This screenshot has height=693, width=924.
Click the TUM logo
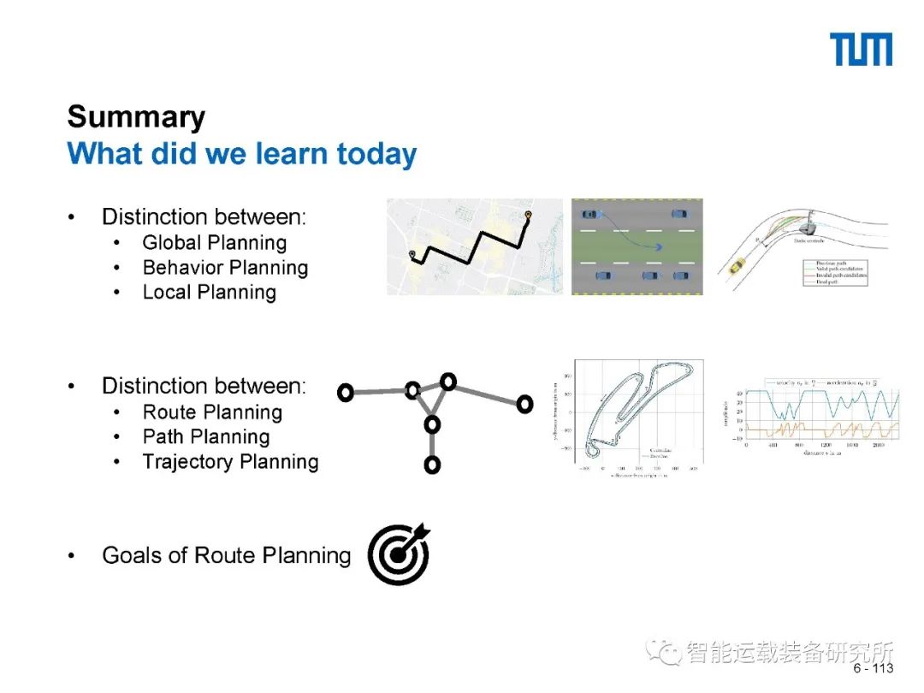(x=861, y=50)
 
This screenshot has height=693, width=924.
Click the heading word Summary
(x=136, y=117)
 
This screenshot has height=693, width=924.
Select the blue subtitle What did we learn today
(x=242, y=154)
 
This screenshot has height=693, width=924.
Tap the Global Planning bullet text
(x=214, y=243)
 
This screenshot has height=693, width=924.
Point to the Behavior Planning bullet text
(x=225, y=268)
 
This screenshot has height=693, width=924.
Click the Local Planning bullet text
(x=209, y=293)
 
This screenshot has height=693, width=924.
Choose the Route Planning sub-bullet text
(x=212, y=412)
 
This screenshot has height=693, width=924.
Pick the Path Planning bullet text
(x=205, y=437)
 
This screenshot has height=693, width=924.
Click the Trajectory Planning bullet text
(x=230, y=462)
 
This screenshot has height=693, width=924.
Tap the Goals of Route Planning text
(x=226, y=555)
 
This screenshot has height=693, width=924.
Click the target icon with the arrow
(x=399, y=555)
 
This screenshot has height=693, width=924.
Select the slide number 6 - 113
(x=873, y=668)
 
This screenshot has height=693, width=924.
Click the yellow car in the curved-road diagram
(x=734, y=267)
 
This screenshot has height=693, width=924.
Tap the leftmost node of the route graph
(x=346, y=393)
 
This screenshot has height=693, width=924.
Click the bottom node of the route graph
(x=432, y=465)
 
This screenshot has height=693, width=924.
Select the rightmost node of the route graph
(x=524, y=403)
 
